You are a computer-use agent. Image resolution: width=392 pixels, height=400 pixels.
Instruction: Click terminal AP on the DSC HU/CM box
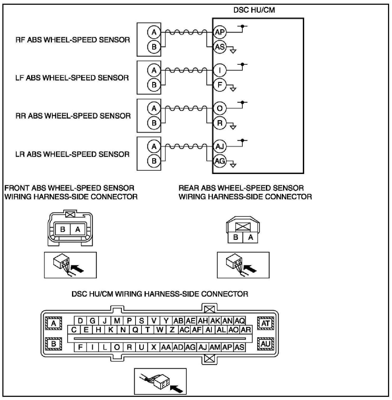click(x=220, y=32)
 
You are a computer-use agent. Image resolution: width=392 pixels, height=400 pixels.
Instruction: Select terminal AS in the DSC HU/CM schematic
click(x=220, y=47)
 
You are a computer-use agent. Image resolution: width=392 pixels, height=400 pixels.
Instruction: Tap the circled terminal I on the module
click(x=220, y=70)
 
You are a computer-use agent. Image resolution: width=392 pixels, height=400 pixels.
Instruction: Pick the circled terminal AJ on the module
click(x=220, y=147)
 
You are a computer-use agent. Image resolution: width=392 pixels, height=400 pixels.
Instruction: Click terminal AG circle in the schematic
click(x=220, y=161)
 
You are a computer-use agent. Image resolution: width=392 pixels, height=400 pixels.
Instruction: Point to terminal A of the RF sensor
click(x=154, y=32)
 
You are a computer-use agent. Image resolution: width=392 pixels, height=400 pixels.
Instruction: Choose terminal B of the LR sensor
click(x=154, y=161)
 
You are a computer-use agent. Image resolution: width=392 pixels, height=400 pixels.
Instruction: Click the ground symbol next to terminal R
click(x=233, y=127)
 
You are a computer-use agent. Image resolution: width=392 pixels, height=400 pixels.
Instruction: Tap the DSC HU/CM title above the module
click(x=254, y=10)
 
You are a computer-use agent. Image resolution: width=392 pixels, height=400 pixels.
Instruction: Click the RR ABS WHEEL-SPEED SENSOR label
click(x=73, y=116)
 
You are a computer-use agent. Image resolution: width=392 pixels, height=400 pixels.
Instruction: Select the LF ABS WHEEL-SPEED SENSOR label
click(x=72, y=78)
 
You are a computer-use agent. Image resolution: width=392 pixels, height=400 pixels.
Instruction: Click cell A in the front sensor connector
click(x=78, y=230)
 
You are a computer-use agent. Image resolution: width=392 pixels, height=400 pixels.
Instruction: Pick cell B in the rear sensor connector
click(x=236, y=237)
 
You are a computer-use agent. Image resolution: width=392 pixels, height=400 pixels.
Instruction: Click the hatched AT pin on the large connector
click(x=265, y=323)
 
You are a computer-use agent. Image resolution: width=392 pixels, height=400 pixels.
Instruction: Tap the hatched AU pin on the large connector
click(x=265, y=344)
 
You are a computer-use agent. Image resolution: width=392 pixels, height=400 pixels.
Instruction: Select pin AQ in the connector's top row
click(x=240, y=321)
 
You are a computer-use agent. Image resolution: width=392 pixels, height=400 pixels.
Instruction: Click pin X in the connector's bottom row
click(x=154, y=347)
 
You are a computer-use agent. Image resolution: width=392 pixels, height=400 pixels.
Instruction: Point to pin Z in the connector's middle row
click(x=172, y=330)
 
